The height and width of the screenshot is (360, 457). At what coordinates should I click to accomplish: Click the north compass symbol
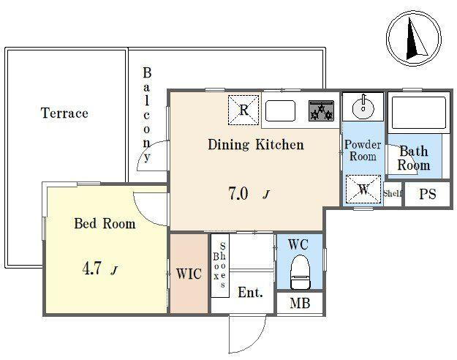tap(414, 38)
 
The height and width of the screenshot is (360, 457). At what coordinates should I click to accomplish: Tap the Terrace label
tap(64, 113)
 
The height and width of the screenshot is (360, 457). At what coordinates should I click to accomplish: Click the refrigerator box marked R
tap(243, 110)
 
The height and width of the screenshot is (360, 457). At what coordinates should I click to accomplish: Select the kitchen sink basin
tap(280, 110)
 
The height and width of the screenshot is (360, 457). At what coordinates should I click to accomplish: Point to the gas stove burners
tap(321, 111)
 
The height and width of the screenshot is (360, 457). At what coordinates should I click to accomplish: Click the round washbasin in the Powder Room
tap(363, 107)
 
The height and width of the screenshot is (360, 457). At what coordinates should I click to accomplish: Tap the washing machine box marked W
tap(363, 189)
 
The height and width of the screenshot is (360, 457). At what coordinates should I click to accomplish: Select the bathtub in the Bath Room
tap(418, 113)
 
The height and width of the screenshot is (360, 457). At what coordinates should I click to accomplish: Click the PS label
tap(428, 194)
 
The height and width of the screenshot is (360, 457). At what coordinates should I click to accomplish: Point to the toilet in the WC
tap(300, 272)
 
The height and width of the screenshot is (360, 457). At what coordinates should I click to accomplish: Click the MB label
tap(300, 304)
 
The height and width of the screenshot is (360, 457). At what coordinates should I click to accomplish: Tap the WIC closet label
tap(189, 274)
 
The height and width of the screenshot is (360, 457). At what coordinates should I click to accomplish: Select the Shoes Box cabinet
tap(220, 266)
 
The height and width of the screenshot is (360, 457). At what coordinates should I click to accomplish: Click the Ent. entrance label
tap(250, 293)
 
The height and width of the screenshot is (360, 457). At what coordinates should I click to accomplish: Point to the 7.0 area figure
tap(238, 193)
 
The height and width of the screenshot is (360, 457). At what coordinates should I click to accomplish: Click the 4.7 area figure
tap(92, 269)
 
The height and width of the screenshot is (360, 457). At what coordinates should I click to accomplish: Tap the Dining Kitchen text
tap(256, 145)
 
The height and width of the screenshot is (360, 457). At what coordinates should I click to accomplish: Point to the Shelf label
tap(393, 193)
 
